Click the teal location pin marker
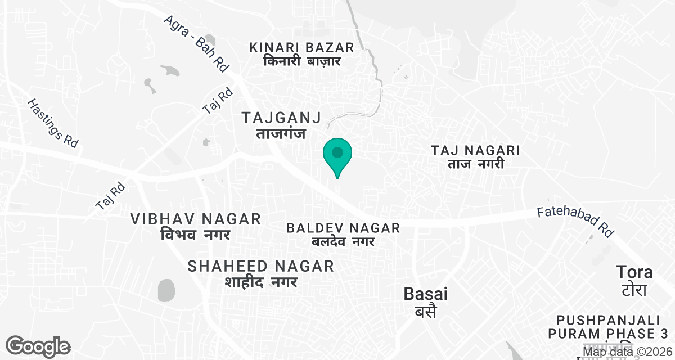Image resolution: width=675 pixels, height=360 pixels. [337, 154]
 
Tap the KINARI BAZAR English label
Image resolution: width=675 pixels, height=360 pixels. [302, 47]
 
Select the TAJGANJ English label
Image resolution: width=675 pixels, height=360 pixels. [281, 118]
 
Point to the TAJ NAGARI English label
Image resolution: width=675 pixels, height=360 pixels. [475, 150]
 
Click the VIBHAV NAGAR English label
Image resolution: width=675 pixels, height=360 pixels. [196, 219]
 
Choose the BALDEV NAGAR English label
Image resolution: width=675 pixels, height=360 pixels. [343, 228]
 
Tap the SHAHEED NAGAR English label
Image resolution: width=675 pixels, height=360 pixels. [261, 265]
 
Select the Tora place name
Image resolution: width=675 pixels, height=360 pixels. [634, 272]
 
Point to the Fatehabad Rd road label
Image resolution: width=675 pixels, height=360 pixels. [575, 220]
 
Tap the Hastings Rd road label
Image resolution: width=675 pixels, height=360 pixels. [52, 124]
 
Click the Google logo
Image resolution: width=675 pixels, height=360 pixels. [38, 346]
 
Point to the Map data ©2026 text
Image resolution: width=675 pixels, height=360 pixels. [627, 352]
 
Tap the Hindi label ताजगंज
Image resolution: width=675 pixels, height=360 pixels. [281, 133]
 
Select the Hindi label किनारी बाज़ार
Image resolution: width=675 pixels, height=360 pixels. [302, 61]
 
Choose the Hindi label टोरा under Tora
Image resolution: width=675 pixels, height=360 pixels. [634, 290]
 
